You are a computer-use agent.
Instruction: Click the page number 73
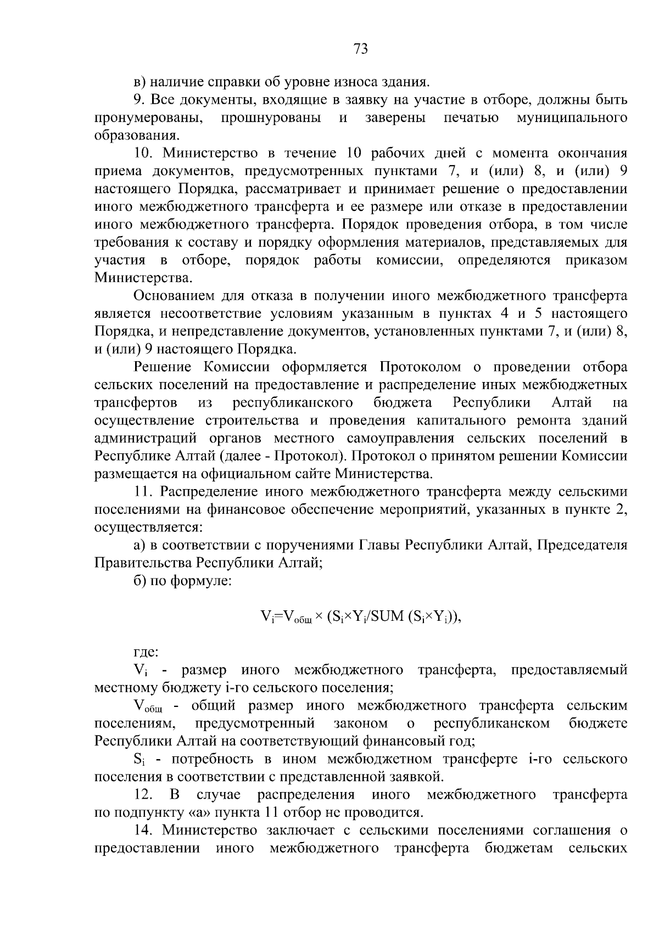coord(360,49)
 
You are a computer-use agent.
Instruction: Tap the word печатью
coord(471,118)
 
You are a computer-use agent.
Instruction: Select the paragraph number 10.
coord(145,153)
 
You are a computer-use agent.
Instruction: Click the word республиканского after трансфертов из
coord(293,402)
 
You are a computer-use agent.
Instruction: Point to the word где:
coord(146,652)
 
